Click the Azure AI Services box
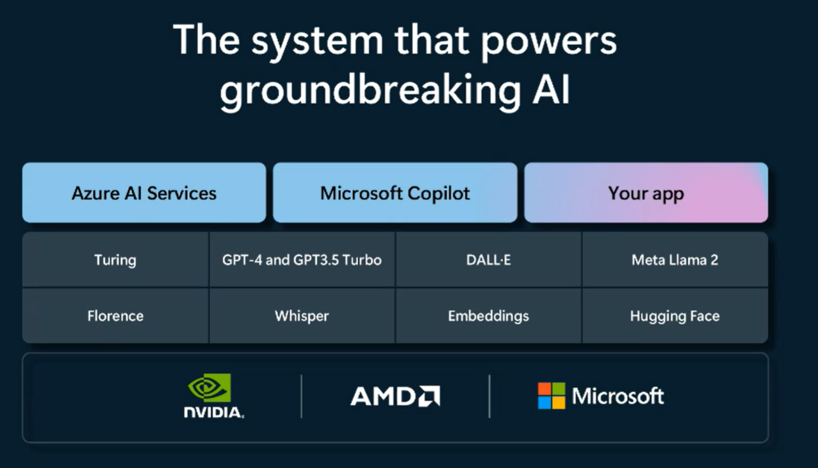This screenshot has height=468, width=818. point(144,193)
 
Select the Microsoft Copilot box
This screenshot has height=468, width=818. point(395,193)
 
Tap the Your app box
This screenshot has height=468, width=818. point(646,193)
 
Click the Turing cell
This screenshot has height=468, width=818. point(115,260)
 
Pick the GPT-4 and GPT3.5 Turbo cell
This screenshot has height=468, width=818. point(302,260)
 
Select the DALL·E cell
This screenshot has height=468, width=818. point(489,260)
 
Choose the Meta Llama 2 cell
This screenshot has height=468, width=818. point(675,260)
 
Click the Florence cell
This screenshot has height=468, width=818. point(115,316)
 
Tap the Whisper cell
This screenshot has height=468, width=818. point(302,316)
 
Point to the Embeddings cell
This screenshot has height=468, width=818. point(489,316)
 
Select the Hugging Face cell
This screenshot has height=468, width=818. point(675,316)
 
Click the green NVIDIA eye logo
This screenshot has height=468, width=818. point(209,388)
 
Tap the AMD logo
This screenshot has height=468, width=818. point(395,396)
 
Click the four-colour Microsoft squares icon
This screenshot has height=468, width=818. point(552,396)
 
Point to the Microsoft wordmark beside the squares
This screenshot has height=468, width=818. point(618,396)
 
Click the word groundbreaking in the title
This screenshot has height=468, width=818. point(370,91)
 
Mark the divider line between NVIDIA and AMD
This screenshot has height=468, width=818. point(302,396)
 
